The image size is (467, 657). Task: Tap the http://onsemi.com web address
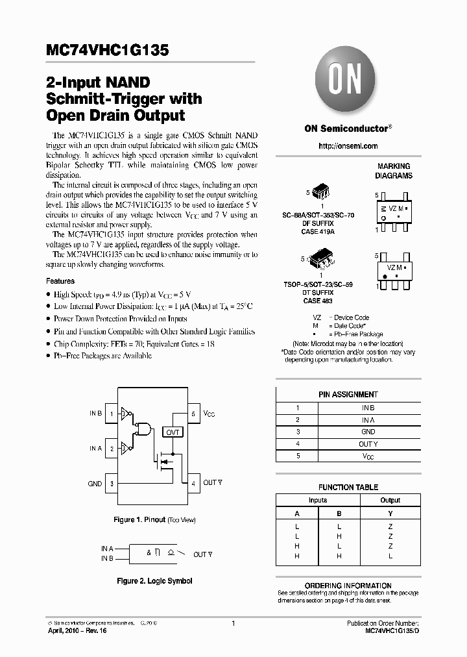[348, 146]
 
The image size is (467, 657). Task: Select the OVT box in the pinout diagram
[173, 432]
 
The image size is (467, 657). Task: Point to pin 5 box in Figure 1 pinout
[193, 414]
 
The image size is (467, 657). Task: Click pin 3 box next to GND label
[112, 483]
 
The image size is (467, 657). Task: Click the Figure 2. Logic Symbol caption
[153, 581]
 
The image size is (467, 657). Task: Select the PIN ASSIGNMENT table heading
[348, 394]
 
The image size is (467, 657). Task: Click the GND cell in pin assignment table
[368, 432]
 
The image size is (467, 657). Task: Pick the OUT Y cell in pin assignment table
[368, 444]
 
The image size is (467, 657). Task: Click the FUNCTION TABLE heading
[348, 487]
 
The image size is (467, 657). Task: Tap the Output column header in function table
[390, 501]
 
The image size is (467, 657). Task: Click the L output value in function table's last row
[390, 556]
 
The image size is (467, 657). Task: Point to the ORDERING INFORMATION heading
[348, 586]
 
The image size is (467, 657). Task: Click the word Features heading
[60, 281]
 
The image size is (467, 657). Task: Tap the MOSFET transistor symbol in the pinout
[163, 462]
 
